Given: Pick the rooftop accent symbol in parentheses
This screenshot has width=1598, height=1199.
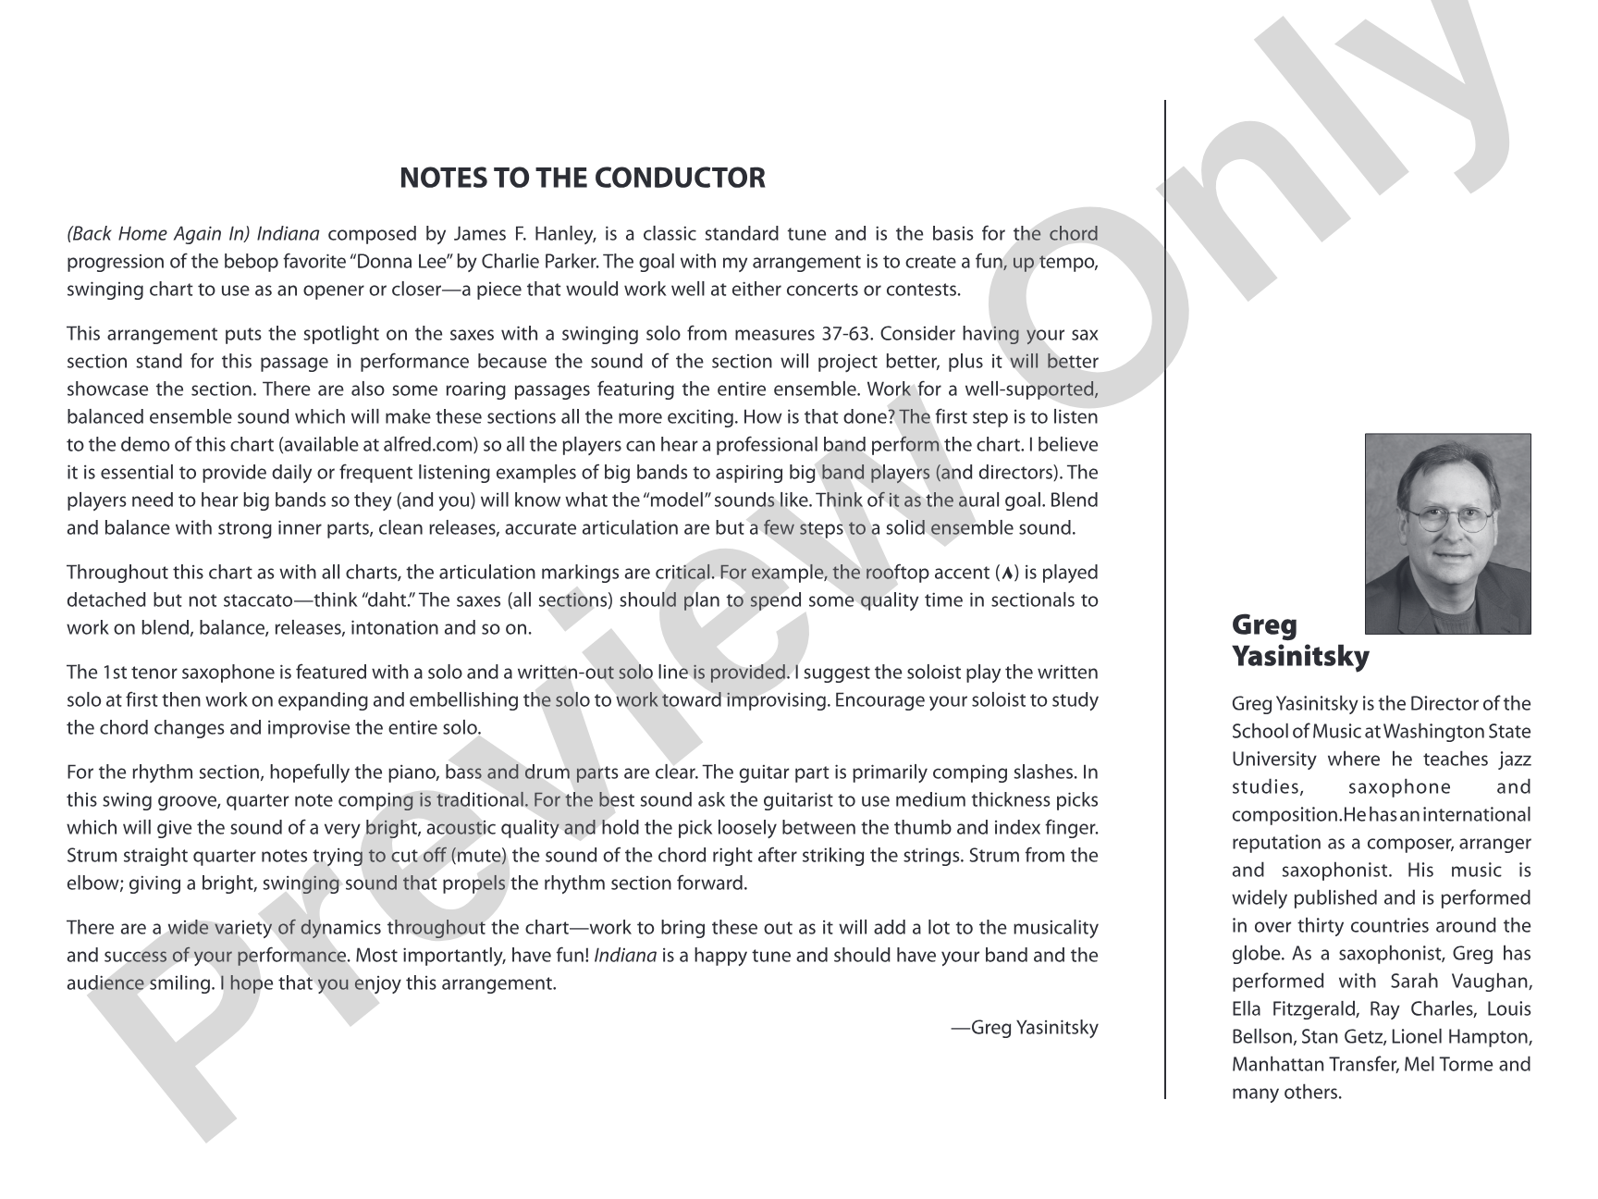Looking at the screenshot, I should pos(1006,574).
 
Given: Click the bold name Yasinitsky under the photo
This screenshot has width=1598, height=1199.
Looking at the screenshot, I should pos(1300,657).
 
